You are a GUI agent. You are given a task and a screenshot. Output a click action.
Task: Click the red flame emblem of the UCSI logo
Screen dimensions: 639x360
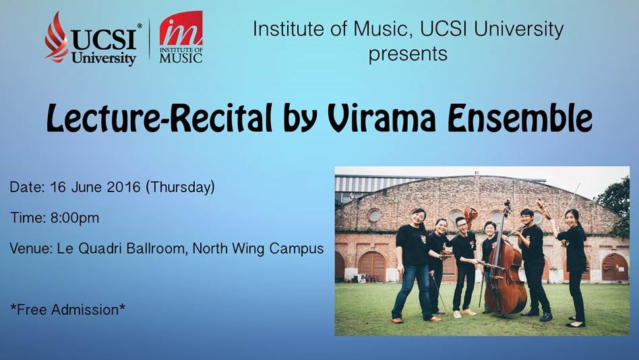coord(56,38)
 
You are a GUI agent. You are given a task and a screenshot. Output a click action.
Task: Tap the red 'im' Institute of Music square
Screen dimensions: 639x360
coord(181,28)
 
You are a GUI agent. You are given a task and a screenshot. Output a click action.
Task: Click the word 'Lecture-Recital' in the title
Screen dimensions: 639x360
coord(159,118)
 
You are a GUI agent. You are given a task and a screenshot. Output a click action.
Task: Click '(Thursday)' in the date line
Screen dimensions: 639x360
coord(180,187)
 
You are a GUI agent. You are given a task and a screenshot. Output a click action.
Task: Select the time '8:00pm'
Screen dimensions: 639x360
coord(75,218)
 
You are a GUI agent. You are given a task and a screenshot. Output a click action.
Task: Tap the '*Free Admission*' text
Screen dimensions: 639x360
coord(67,310)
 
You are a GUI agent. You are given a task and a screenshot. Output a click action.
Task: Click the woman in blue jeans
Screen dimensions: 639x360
coord(413,265)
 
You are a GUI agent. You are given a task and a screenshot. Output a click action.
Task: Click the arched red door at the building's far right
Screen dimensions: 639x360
coord(615,268)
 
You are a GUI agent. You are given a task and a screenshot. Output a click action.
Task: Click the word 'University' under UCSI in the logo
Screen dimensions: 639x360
coord(104,58)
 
